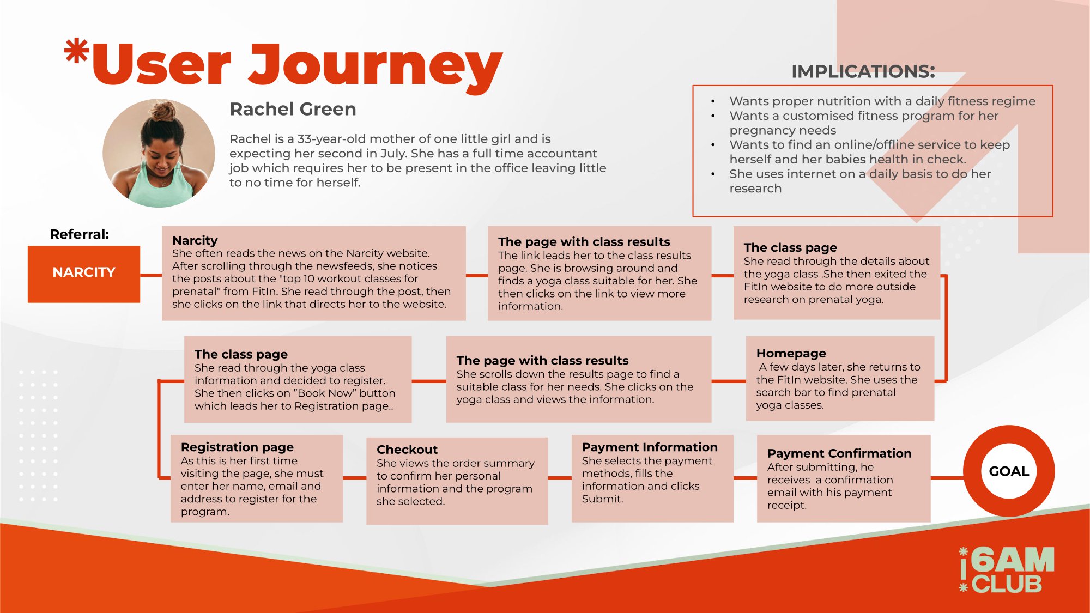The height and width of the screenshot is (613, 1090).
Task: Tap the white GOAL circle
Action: coord(1009,471)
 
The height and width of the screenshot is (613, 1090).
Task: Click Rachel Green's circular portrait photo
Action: coord(159,153)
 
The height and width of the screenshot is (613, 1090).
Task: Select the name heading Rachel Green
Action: coord(293,109)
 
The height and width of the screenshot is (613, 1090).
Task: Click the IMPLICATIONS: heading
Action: coord(863,71)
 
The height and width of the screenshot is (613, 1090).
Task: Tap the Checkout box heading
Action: coord(407,450)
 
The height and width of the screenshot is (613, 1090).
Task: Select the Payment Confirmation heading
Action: coord(839,453)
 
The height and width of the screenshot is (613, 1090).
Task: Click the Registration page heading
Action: coord(237,447)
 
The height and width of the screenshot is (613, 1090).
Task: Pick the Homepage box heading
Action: coord(791,354)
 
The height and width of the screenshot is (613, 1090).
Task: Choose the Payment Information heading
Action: coord(650,447)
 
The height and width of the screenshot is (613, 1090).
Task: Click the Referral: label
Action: coord(80,234)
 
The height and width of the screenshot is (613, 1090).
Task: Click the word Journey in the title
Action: coord(376,65)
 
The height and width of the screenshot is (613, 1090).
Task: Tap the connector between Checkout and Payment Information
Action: coord(560,478)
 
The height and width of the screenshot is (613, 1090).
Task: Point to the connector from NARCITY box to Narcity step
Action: coord(151,275)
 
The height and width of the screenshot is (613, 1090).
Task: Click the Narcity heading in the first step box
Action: coord(195,240)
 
